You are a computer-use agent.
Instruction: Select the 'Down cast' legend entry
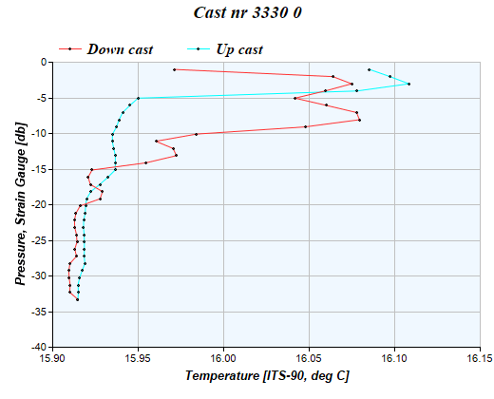pos(120,48)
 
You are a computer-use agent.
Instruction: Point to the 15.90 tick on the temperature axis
pos(52,359)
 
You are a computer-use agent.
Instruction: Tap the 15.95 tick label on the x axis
pos(138,359)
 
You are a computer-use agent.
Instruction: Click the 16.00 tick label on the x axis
pos(223,359)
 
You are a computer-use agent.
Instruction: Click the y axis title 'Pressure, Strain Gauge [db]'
pos(19,204)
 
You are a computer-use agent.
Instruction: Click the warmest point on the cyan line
pos(408,84)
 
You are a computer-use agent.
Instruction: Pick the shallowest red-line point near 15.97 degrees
pos(174,69)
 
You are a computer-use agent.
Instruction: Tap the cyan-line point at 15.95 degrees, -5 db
pos(138,98)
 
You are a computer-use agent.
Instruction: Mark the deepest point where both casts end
pos(78,300)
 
